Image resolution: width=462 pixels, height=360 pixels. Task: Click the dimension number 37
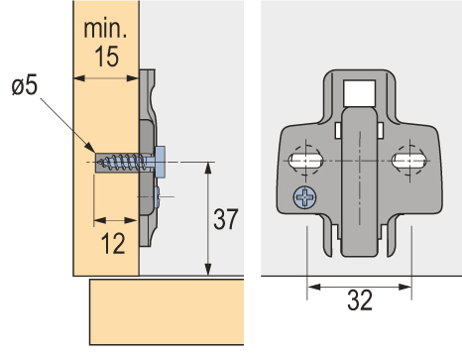pyautogui.click(x=226, y=219)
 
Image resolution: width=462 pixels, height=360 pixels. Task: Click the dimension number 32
pyautogui.click(x=360, y=300)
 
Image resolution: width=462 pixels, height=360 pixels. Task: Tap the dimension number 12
pyautogui.click(x=113, y=243)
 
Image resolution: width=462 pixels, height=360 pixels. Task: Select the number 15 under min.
pyautogui.click(x=107, y=57)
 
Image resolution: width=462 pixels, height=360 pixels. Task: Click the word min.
pyautogui.click(x=105, y=29)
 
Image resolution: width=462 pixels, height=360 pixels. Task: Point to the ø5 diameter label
pyautogui.click(x=25, y=85)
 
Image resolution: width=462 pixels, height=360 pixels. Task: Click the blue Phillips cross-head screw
pyautogui.click(x=304, y=197)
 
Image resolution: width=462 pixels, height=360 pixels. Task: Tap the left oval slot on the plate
pyautogui.click(x=305, y=161)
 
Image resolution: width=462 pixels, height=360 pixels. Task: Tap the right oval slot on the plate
pyautogui.click(x=408, y=161)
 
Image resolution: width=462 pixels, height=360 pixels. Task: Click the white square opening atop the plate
pyautogui.click(x=359, y=93)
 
